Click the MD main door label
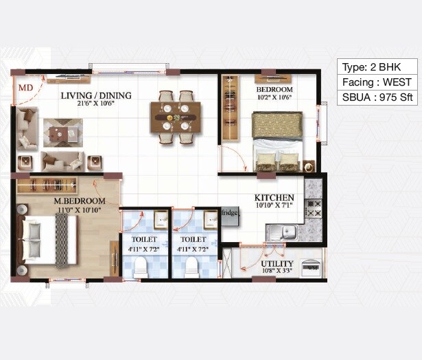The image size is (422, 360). coord(25,88)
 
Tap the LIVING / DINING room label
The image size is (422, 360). coord(95,96)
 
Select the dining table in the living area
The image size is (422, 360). coord(176,117)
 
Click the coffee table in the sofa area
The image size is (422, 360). coord(63,132)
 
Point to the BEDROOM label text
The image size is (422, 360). coord(274,90)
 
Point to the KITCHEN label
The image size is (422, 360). coord(274,197)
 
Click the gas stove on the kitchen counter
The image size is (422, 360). coord(313,208)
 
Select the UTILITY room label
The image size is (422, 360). coord(277,263)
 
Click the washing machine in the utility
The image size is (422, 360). coord(311,267)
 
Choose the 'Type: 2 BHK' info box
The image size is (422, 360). coord(377,67)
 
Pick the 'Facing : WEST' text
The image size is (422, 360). coord(377,82)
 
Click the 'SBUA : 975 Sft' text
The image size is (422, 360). coord(377,97)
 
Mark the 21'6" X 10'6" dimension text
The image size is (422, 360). coord(95,105)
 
